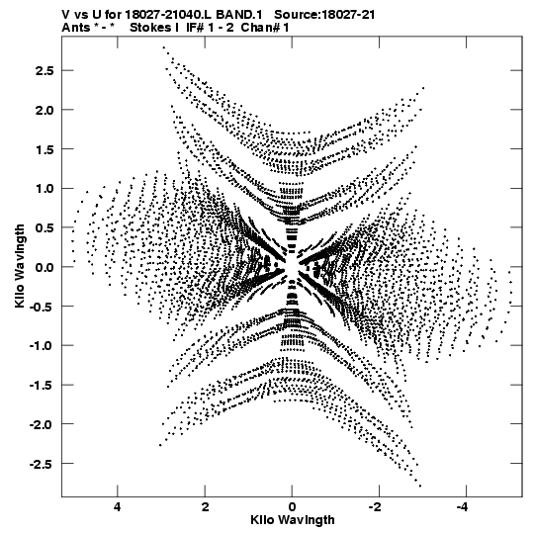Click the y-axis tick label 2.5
coord(44,70)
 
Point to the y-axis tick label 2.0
coord(44,110)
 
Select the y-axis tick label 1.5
coord(44,149)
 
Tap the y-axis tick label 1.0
coord(44,188)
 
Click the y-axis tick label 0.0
coord(44,267)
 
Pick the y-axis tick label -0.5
coord(42,307)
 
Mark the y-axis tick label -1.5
coord(42,386)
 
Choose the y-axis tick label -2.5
coord(42,464)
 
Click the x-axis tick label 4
coord(118,506)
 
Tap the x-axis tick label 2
coord(205,506)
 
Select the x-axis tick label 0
coord(292,506)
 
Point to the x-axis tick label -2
coord(377,506)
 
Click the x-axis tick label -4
coord(464,506)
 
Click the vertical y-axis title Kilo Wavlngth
coord(20,266)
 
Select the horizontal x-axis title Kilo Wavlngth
coord(293,520)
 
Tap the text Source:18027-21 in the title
coord(324,15)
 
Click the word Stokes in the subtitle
coord(150,28)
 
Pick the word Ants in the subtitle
coord(76,28)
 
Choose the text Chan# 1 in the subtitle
coord(265,28)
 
